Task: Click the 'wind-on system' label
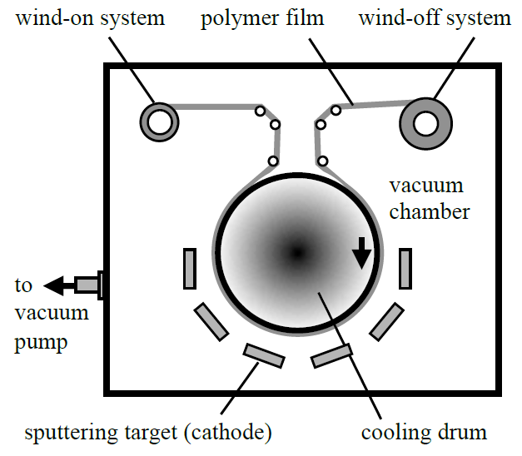click(90, 18)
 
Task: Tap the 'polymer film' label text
click(262, 19)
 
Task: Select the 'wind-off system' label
click(435, 18)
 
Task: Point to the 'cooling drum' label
click(424, 433)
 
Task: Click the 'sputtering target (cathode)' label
click(148, 434)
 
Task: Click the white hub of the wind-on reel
click(160, 122)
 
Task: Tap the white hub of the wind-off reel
click(425, 123)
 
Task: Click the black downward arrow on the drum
click(361, 253)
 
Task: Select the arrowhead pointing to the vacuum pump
click(53, 285)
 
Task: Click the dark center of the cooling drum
click(297, 253)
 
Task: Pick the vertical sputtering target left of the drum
click(190, 269)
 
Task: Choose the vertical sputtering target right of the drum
click(405, 269)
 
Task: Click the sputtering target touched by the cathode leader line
click(264, 356)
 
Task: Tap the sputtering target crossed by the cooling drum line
click(331, 356)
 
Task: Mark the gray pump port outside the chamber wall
click(87, 285)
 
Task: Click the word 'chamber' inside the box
click(430, 211)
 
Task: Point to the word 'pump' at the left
click(41, 343)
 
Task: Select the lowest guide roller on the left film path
click(273, 161)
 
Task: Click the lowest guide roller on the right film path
click(322, 161)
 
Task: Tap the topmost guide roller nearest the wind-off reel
click(336, 110)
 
